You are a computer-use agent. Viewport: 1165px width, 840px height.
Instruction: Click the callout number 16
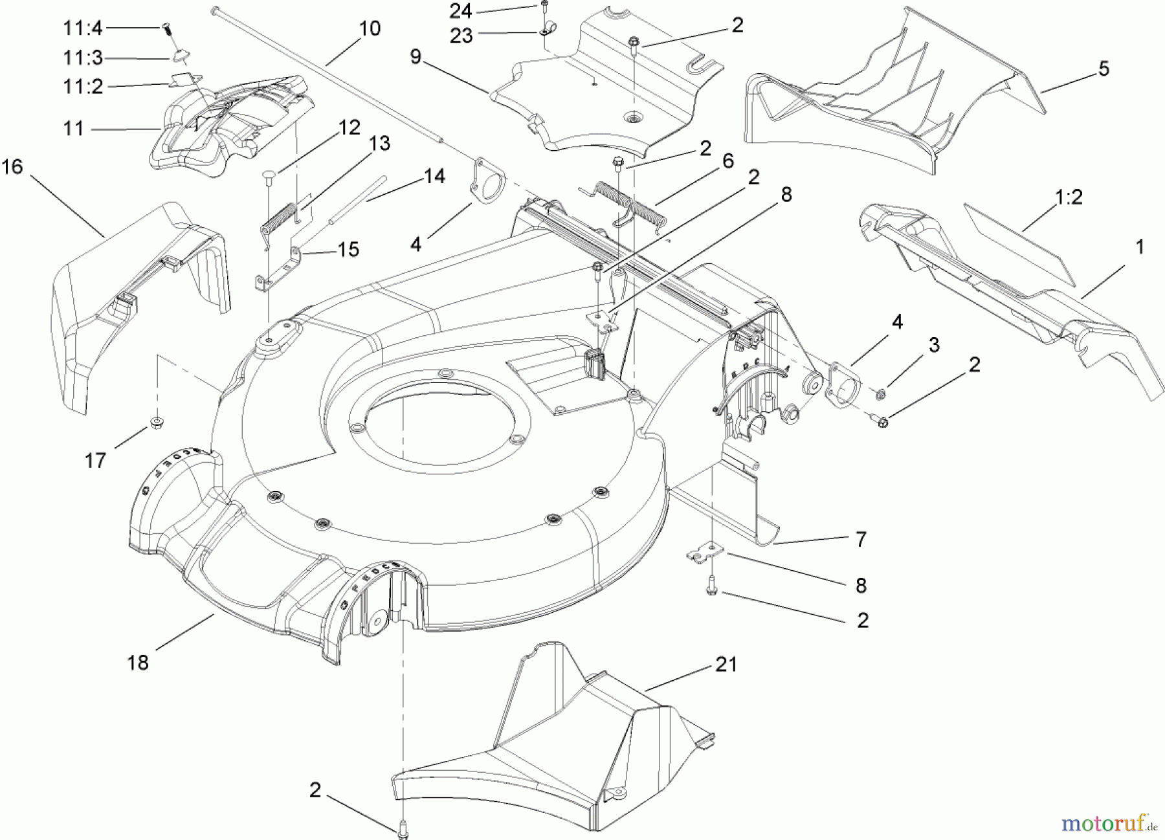point(12,167)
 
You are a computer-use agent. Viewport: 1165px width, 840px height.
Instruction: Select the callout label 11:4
point(82,28)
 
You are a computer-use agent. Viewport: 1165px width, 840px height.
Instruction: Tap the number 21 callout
point(726,665)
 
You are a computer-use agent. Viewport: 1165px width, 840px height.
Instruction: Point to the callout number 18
point(138,663)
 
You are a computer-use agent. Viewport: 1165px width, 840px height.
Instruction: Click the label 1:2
point(1069,197)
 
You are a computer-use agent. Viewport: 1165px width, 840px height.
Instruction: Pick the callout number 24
point(460,11)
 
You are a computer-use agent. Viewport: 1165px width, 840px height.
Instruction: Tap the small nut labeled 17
point(156,423)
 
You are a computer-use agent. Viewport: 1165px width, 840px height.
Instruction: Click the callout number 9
point(416,57)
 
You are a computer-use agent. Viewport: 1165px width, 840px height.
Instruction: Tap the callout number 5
point(1104,69)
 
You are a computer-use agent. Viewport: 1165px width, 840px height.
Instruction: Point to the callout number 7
point(860,539)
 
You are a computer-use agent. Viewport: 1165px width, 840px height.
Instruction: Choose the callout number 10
point(370,28)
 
